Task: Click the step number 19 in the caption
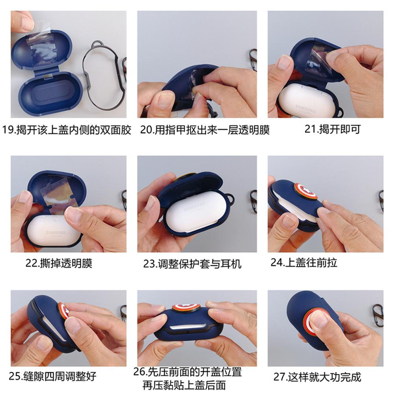click(8, 130)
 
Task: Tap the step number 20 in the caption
click(146, 130)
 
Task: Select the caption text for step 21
click(333, 129)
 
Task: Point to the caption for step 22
click(59, 263)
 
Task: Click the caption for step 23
click(192, 264)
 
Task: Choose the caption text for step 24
click(303, 262)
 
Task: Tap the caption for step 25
click(52, 376)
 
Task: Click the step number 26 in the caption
click(139, 372)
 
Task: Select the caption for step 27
click(317, 377)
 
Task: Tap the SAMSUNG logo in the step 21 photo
click(306, 109)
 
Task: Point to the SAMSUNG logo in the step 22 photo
click(56, 232)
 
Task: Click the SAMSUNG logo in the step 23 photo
click(195, 206)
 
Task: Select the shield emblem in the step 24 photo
click(306, 191)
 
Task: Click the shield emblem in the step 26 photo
click(186, 308)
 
